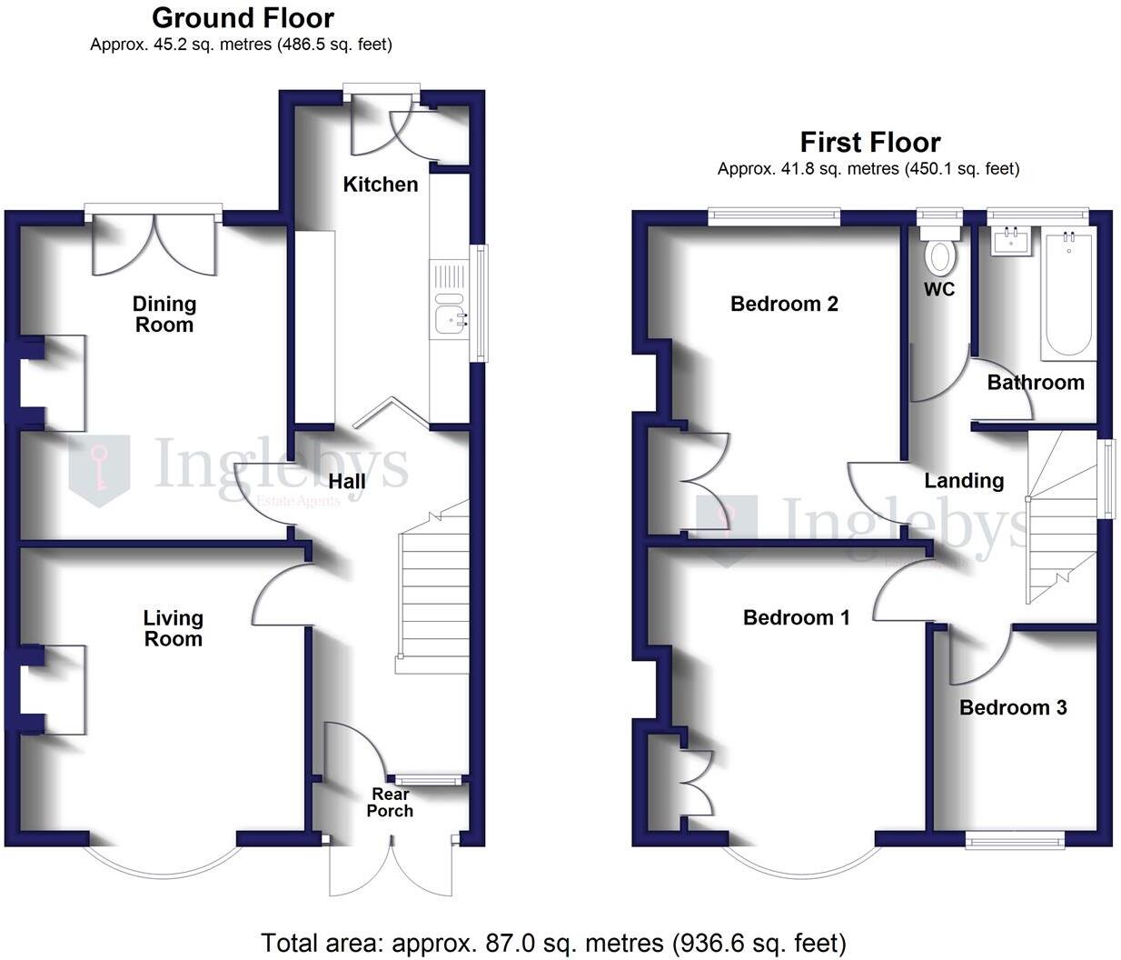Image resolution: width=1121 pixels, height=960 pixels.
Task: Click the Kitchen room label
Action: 381,185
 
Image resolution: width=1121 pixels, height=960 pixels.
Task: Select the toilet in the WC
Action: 940,255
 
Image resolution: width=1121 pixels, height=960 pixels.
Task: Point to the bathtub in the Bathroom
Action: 1068,295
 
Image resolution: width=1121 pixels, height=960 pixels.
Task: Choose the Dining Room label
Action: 164,315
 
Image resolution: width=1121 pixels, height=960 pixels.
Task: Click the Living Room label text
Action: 173,628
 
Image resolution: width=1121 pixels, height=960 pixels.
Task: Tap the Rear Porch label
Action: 390,803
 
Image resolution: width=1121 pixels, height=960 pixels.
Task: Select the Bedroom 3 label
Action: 1013,707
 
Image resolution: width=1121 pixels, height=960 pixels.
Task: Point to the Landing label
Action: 964,481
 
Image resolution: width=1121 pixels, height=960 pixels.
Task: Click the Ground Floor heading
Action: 243,18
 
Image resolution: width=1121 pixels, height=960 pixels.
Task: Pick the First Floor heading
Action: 869,143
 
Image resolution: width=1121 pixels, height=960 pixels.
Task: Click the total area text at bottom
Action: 553,943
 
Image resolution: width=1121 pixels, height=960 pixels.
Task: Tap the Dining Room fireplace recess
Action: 56,383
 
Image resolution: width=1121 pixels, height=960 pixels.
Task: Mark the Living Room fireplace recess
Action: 56,689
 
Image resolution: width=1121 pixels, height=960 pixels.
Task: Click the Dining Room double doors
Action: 155,243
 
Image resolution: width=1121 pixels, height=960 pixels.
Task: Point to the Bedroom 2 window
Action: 774,215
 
